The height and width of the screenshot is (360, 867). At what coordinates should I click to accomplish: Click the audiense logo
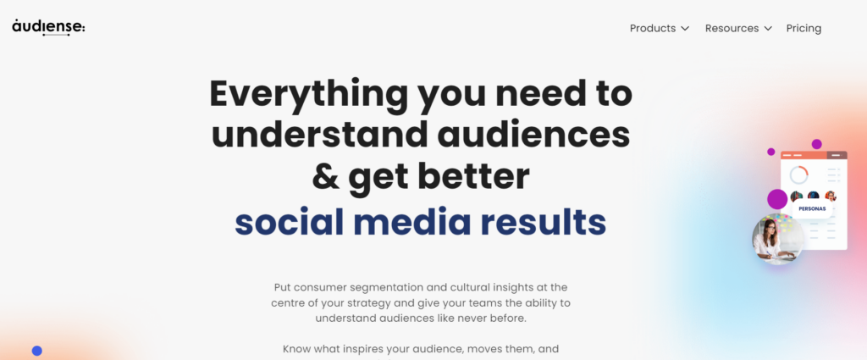[48, 27]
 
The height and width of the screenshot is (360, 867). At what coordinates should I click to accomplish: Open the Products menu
[653, 28]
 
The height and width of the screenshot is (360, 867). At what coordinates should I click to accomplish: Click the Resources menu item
[732, 28]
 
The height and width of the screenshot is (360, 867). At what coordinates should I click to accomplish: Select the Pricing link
[803, 29]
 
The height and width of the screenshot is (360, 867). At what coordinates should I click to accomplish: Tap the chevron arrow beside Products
[684, 29]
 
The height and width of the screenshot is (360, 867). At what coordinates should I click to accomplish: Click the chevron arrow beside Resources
[767, 29]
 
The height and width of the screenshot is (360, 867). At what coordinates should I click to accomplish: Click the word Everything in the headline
[308, 96]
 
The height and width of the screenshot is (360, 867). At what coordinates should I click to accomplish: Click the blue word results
[543, 221]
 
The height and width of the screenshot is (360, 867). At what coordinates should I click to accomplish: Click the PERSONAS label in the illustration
[812, 209]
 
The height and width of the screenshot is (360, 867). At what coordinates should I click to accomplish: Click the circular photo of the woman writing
[778, 238]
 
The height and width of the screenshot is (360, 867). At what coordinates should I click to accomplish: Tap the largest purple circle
[777, 199]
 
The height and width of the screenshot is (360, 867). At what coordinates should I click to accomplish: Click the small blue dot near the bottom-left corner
[37, 351]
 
